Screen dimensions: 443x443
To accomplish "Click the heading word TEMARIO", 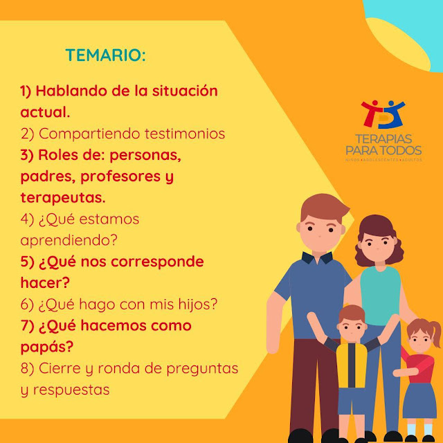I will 106,55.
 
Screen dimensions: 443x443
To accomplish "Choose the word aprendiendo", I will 69,240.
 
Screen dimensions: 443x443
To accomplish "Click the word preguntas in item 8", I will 202,368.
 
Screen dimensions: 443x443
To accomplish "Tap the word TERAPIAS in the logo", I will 383,138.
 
